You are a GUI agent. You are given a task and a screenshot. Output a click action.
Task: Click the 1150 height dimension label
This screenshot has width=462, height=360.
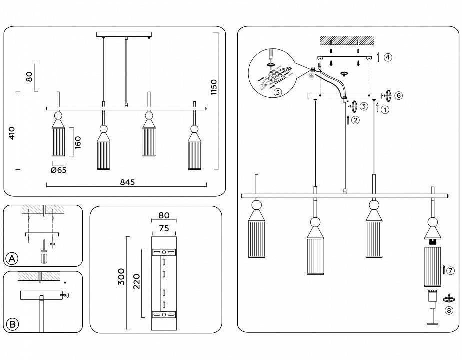[x=214, y=87]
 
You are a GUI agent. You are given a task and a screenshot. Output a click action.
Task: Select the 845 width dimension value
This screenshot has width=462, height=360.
[x=127, y=182]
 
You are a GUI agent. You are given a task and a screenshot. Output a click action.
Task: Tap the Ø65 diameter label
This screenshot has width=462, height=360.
[x=59, y=170]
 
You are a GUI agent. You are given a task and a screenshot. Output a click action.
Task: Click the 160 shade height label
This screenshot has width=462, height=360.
[x=78, y=142]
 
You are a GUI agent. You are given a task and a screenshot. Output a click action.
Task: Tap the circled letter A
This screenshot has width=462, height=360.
[x=13, y=258]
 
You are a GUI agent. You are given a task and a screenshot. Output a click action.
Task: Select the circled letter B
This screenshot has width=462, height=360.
[x=13, y=325]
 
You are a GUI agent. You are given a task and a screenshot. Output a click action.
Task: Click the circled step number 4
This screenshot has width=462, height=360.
[x=388, y=57]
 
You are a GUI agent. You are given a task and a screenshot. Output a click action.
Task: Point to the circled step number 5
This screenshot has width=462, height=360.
[x=277, y=91]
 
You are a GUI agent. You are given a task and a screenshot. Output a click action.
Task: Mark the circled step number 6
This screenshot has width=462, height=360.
[x=398, y=95]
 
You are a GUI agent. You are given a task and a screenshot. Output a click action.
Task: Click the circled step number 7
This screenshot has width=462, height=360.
[x=450, y=270]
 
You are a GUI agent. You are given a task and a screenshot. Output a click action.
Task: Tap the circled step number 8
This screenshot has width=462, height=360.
[x=449, y=310]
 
